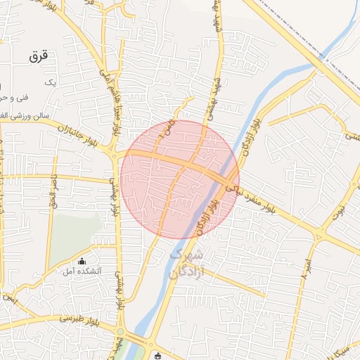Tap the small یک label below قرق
(x=49, y=83)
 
